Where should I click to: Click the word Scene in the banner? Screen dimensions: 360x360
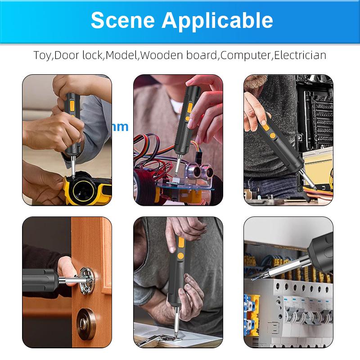click(123, 20)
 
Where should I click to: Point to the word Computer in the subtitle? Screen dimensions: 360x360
click(245, 55)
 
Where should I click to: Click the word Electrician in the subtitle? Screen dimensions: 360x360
click(300, 55)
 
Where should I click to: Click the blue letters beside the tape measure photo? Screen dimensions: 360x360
click(121, 127)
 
